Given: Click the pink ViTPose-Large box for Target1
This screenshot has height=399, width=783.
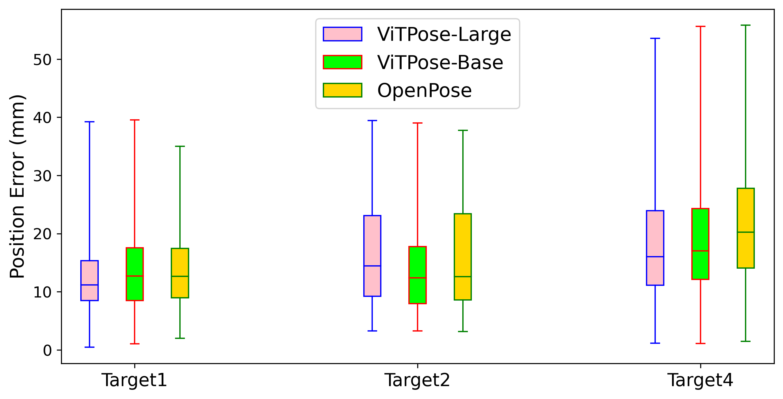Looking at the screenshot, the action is click(90, 281).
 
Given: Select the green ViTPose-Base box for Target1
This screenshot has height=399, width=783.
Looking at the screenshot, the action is click(135, 274).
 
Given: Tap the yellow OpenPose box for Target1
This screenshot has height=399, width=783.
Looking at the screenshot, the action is click(180, 273).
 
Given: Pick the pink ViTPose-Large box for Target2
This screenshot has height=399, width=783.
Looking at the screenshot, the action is click(372, 256).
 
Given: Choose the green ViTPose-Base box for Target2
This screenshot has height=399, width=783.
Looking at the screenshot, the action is click(418, 275).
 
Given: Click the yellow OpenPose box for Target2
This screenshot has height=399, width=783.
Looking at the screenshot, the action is click(463, 257).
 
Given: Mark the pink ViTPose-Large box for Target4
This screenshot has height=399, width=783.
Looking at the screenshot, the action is click(655, 248).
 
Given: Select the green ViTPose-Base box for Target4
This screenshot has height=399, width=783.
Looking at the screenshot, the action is click(700, 244).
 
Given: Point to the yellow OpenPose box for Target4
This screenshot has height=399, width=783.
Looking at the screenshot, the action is click(746, 228).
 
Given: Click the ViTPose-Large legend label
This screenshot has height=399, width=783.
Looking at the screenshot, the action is click(444, 34).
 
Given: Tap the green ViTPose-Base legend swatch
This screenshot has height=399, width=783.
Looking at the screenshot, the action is click(342, 62).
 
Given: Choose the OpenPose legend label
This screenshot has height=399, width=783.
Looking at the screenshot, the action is click(425, 90).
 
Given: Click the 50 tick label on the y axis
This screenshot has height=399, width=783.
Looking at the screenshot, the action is click(43, 59).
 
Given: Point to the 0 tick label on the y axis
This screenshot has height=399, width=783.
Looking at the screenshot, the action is click(48, 350).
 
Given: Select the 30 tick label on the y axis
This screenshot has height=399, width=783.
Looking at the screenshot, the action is click(43, 176).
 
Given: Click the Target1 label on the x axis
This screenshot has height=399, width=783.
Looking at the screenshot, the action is click(134, 380).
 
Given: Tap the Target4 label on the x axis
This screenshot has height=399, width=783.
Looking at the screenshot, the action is click(700, 380).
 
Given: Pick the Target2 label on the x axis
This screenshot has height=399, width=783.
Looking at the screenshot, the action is click(417, 380).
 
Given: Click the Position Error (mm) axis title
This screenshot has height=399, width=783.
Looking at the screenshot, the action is click(17, 186).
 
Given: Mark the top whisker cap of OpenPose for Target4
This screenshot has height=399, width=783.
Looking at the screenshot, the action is click(746, 25).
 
